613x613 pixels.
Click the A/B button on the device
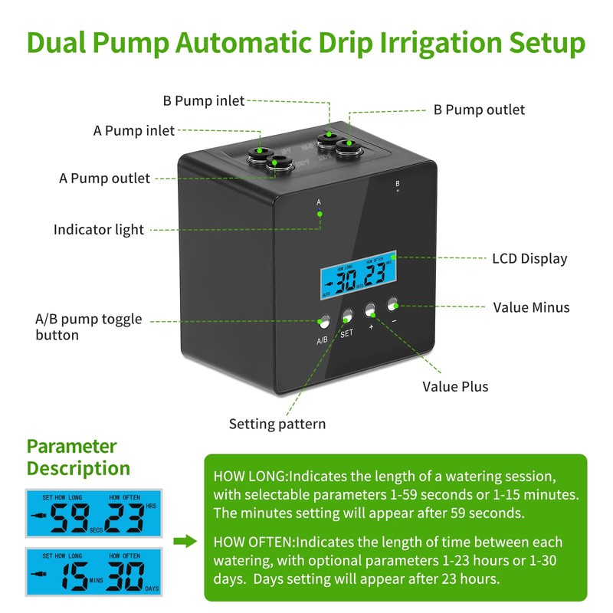323,322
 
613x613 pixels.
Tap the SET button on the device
347,315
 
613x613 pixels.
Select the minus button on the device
394,303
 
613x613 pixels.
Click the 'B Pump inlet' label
204,100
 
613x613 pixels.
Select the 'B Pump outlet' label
479,110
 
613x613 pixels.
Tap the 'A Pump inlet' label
134,130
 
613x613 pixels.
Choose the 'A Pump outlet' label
104,178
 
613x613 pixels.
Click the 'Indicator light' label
98,229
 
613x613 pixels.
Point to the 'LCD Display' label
529,258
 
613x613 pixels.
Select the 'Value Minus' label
531,307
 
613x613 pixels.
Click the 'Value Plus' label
455,386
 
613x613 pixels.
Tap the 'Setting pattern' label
277,424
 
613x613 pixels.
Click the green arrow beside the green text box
185,542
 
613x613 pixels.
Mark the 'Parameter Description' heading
78,457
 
